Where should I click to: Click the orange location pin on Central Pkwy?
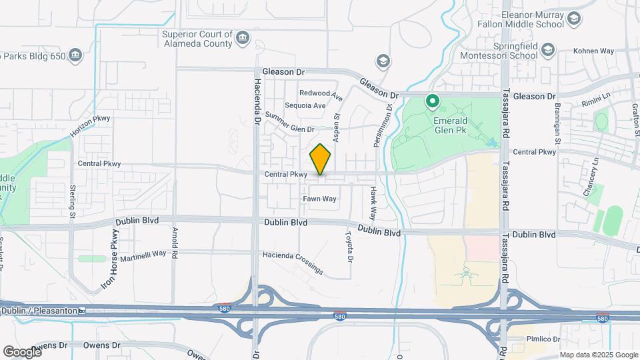point(321,159)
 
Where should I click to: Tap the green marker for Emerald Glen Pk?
point(433,102)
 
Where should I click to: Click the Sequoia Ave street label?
point(305,105)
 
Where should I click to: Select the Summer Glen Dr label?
point(289,123)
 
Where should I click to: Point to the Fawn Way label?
point(319,199)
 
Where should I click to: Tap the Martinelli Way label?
point(138,254)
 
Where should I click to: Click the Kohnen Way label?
point(593,51)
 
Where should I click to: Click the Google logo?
point(21,351)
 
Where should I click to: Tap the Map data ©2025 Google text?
point(598,354)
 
